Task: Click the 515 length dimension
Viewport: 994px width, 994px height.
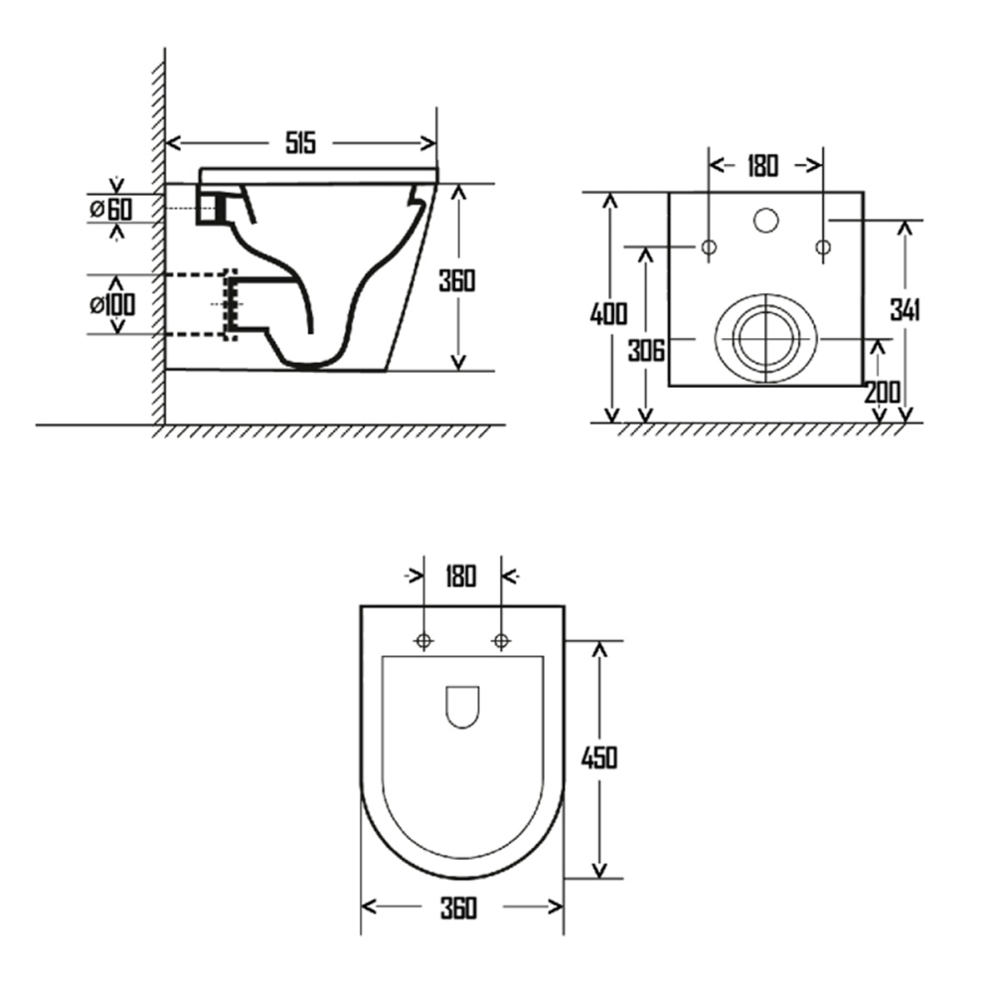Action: pos(300,143)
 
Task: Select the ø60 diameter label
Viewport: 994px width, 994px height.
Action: pos(109,209)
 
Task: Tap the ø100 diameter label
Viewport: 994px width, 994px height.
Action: pos(110,303)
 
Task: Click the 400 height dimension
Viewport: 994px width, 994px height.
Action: pos(608,314)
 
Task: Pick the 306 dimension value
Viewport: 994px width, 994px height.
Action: pos(646,350)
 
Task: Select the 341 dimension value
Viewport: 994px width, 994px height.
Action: pos(904,310)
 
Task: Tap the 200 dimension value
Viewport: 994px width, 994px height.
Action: pos(882,392)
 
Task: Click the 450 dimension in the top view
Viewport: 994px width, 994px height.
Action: pos(598,757)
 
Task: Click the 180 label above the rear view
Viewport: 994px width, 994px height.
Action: pos(761,165)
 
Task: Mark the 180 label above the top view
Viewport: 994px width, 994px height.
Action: pos(460,576)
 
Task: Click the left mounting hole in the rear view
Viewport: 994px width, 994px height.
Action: pos(710,247)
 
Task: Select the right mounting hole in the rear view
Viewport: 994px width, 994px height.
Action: pos(822,247)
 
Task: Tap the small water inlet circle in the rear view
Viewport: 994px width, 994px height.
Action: pos(765,220)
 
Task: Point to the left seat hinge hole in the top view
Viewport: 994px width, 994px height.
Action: pos(423,642)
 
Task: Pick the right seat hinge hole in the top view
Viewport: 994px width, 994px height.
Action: pos(500,642)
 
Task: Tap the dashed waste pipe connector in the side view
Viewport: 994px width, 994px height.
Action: pos(231,303)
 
